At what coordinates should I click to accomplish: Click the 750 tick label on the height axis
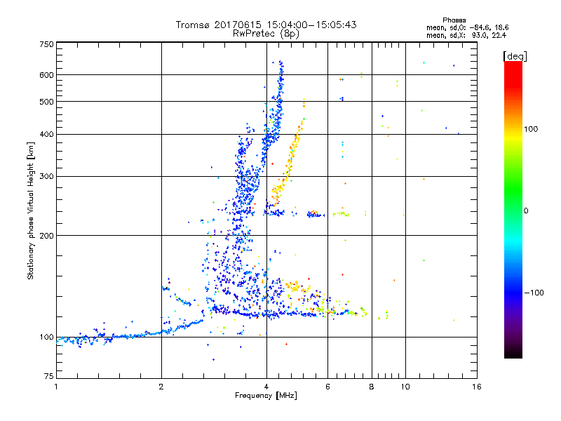pyautogui.click(x=46, y=44)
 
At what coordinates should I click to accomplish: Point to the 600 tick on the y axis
pyautogui.click(x=46, y=75)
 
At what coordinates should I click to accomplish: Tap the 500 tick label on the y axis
pyautogui.click(x=46, y=102)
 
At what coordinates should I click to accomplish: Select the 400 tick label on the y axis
pyautogui.click(x=46, y=134)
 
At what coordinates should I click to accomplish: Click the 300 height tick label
pyautogui.click(x=46, y=176)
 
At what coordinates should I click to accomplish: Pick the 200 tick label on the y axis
pyautogui.click(x=46, y=236)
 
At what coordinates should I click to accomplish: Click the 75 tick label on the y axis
pyautogui.click(x=48, y=377)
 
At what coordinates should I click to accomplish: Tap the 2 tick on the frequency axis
pyautogui.click(x=161, y=387)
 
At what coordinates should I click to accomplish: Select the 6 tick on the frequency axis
pyautogui.click(x=327, y=387)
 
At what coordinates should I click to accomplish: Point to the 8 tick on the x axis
pyautogui.click(x=372, y=387)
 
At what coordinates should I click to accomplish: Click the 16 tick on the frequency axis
pyautogui.click(x=476, y=387)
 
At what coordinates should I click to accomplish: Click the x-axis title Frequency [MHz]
pyautogui.click(x=266, y=396)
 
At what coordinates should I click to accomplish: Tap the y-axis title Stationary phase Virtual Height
pyautogui.click(x=31, y=210)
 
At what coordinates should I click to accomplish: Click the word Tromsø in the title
pyautogui.click(x=194, y=25)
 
